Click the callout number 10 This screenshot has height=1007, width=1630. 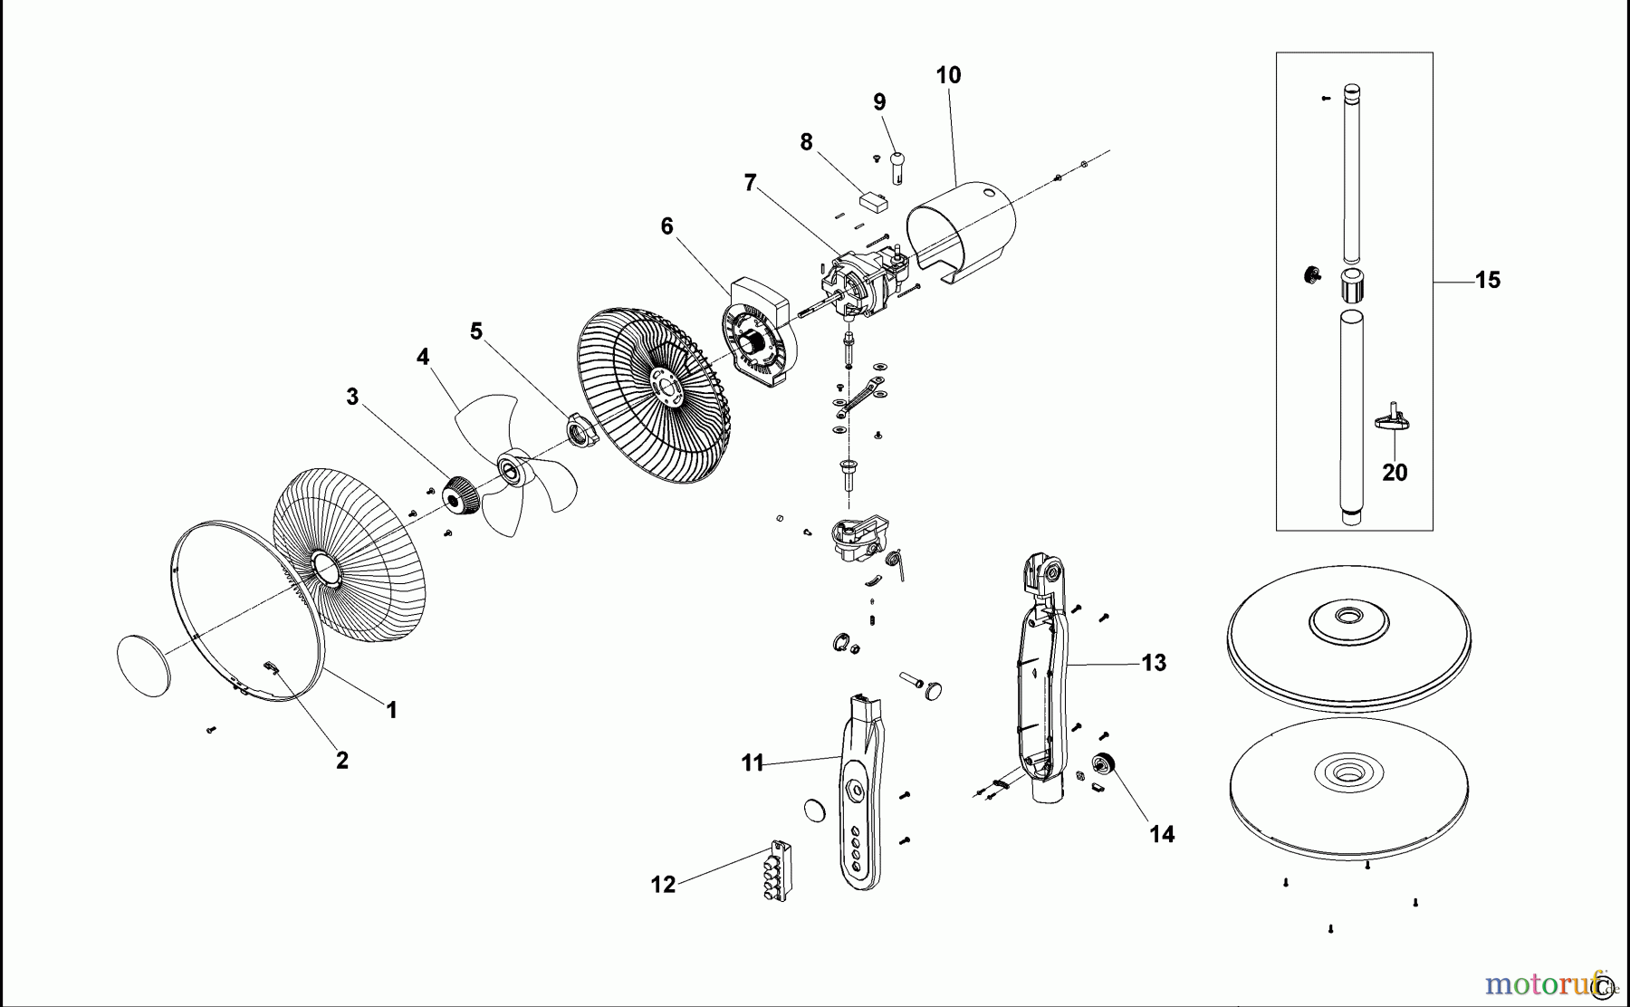[948, 75]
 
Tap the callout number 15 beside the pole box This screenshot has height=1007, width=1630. [1487, 281]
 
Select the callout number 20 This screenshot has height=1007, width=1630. [1395, 473]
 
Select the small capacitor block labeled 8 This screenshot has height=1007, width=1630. [874, 200]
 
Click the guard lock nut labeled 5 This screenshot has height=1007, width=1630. [580, 428]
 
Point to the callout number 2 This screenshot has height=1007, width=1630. [342, 761]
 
